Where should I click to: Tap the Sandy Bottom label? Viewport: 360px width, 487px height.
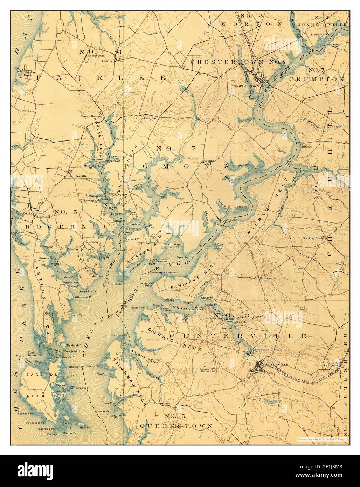coord(91,116)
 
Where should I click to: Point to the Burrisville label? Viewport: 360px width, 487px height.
coord(269,277)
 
